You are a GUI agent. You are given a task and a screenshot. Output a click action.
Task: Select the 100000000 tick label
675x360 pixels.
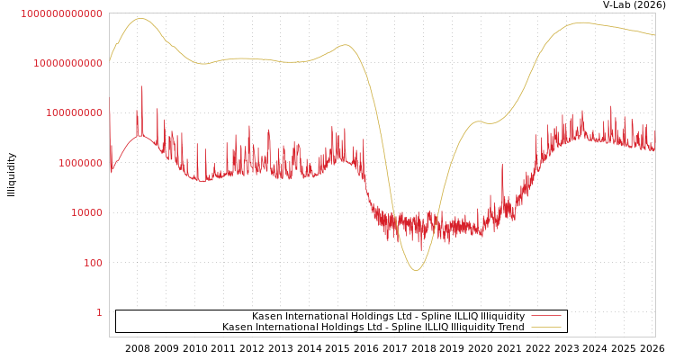point(68,113)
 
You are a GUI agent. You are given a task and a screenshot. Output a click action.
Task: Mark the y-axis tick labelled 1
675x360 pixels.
point(99,312)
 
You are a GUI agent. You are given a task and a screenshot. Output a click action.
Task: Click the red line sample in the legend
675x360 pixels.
point(545,316)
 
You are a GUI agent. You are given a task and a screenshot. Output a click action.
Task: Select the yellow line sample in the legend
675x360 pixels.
point(545,327)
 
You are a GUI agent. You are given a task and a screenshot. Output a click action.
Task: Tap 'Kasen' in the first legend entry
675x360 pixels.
point(267,316)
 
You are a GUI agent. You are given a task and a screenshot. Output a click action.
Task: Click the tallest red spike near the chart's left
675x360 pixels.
point(141,87)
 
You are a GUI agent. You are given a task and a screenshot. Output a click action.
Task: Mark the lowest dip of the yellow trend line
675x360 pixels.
point(415,270)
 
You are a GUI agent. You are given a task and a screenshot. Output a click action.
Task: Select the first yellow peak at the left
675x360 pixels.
point(139,18)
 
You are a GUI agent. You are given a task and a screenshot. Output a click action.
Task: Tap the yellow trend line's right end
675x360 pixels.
point(654,35)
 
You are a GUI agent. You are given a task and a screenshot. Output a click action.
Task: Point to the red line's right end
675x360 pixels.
point(654,148)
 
